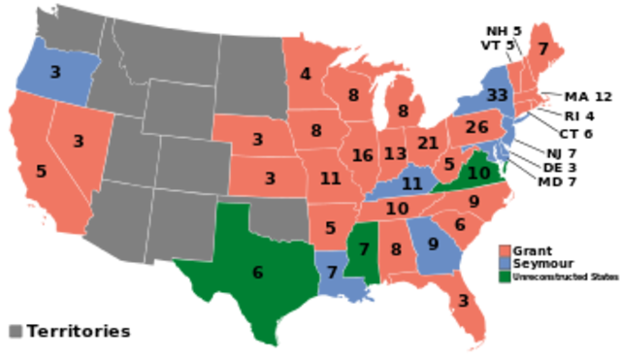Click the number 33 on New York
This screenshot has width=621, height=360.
pos(497,95)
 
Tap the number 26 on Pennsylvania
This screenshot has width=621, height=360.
pos(475,127)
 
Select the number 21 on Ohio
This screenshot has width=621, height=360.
pos(428,144)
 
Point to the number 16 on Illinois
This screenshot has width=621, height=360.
pos(362,155)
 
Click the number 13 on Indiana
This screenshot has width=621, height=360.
pos(394,153)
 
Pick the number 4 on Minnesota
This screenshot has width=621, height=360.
pos(306,74)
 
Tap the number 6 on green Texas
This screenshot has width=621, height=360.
pos(257,273)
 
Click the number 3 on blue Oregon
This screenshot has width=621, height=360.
pos(55,72)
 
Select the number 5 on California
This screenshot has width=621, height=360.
pos(41,171)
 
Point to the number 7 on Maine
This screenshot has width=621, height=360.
pos(542,49)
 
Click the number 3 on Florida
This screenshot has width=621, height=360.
pos(463,301)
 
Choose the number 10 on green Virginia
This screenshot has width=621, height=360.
pos(478,173)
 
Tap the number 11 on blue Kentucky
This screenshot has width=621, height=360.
pos(411,183)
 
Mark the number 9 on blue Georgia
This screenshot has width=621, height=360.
pos(433,245)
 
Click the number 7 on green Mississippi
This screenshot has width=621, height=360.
pos(364,249)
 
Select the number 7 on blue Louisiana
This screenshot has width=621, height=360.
pos(331,272)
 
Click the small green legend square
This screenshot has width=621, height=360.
pos(505,277)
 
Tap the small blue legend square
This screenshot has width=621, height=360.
pos(505,263)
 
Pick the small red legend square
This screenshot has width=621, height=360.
pos(505,249)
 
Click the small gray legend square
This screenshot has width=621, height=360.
pos(15,331)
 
